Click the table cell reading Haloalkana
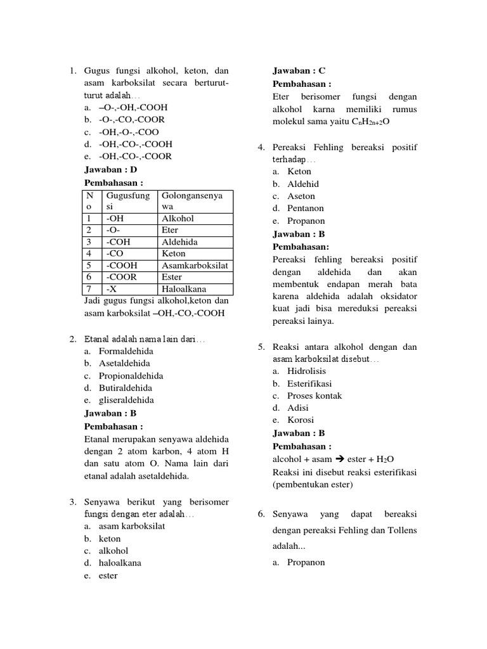[184, 289]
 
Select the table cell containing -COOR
[122, 277]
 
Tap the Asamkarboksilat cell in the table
[195, 266]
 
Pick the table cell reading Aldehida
[179, 242]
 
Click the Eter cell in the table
[170, 230]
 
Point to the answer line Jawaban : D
[110, 170]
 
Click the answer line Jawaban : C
[299, 71]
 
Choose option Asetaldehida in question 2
[124, 363]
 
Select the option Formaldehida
[126, 351]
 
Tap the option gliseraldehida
[126, 400]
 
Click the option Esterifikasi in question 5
[309, 383]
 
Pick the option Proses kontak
[315, 395]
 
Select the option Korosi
[301, 420]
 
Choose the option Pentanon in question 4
[306, 208]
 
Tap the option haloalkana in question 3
[120, 563]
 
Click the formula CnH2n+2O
[370, 121]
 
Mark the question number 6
[261, 514]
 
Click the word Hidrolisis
[307, 371]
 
